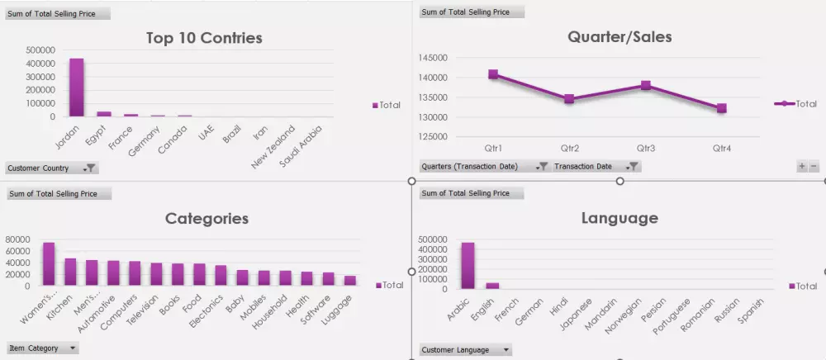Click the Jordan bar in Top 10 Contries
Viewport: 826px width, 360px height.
click(76, 88)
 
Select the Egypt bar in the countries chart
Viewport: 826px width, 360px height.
click(104, 114)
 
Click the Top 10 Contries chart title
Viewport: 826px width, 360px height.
click(204, 38)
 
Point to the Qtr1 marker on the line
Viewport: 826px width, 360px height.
click(493, 74)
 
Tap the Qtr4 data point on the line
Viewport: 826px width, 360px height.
click(721, 108)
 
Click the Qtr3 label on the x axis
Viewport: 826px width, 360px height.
click(646, 149)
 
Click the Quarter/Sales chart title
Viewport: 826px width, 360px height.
click(619, 36)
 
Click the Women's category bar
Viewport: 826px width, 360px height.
click(49, 264)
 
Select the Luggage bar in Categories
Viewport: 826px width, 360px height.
click(350, 281)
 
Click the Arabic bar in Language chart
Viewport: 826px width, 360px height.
click(468, 265)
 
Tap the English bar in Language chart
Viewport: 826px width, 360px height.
click(492, 286)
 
